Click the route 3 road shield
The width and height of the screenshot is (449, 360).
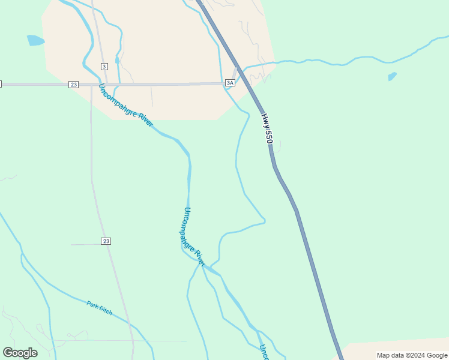click(104, 66)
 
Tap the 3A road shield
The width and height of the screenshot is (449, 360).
click(230, 83)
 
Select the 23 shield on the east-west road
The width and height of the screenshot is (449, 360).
click(73, 85)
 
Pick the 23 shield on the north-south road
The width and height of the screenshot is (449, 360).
click(106, 241)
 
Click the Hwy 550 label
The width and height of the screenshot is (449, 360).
click(268, 128)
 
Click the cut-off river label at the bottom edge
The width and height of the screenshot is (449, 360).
click(263, 352)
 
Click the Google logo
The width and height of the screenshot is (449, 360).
click(20, 353)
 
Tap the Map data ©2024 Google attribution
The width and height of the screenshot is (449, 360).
click(412, 355)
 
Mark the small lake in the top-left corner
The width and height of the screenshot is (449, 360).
click(35, 41)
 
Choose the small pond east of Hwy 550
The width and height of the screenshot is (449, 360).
click(392, 76)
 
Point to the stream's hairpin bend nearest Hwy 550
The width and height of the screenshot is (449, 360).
click(264, 221)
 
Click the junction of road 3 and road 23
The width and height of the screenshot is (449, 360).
click(100, 84)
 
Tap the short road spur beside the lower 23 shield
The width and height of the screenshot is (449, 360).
click(84, 244)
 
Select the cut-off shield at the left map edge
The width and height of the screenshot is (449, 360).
click(1, 84)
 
